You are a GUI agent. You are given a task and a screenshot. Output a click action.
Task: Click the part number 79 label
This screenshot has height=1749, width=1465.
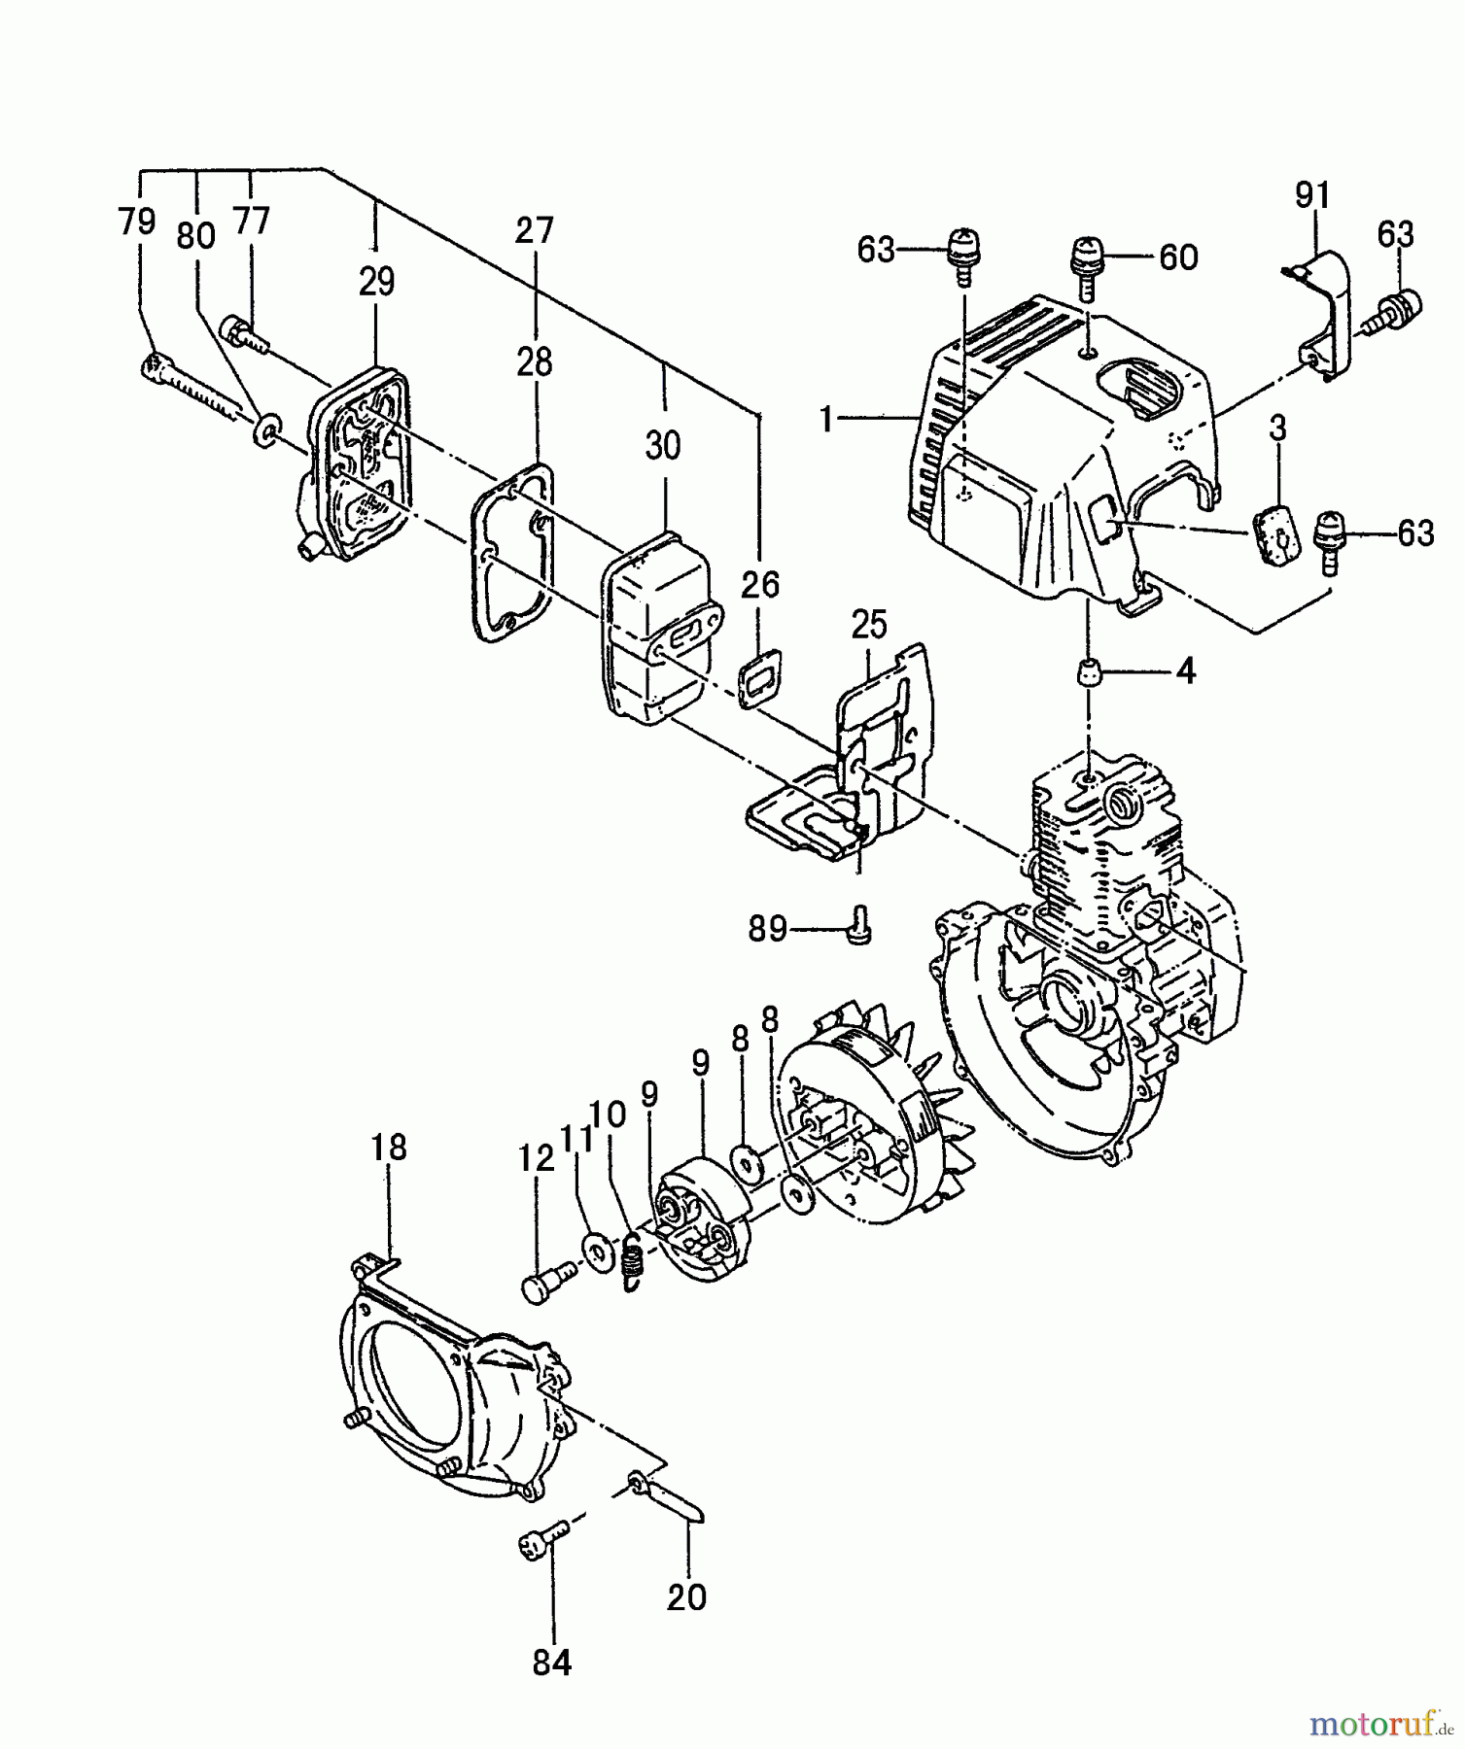pyautogui.click(x=136, y=223)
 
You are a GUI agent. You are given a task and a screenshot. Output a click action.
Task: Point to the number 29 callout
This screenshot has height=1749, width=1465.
pyautogui.click(x=376, y=282)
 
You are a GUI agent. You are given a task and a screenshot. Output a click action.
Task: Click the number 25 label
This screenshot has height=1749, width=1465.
pyautogui.click(x=868, y=626)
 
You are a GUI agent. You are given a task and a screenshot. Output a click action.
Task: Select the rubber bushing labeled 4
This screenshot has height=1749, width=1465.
pyautogui.click(x=1089, y=671)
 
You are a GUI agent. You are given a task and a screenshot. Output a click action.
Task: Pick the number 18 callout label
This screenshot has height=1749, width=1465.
pyautogui.click(x=388, y=1148)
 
